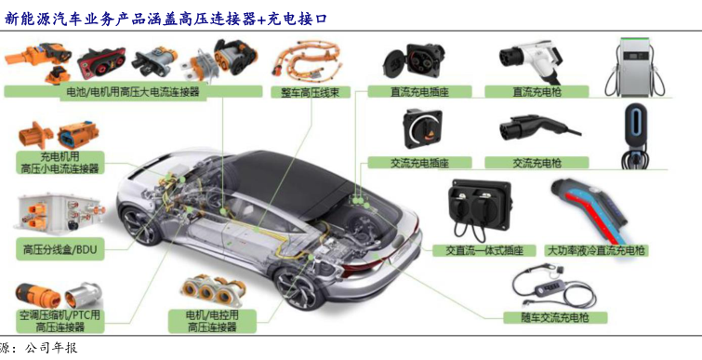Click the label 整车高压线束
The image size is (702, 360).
(x=310, y=92)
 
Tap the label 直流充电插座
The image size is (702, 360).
(x=419, y=92)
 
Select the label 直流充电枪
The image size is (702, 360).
(x=536, y=92)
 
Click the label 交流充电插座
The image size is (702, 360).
(x=419, y=163)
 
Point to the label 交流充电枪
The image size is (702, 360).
(x=536, y=163)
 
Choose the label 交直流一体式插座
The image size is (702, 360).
(x=484, y=250)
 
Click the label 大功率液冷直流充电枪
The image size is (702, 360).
(x=596, y=250)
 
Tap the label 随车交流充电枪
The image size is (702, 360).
(x=555, y=318)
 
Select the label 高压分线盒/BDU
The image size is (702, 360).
(x=60, y=249)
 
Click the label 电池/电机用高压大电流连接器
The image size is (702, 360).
(x=133, y=92)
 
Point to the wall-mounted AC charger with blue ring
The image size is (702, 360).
(x=635, y=135)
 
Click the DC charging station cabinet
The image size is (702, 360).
(x=635, y=67)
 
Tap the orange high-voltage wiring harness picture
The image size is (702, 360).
(x=307, y=60)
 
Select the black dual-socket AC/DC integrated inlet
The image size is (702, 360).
(x=479, y=209)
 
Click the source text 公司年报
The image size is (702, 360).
(x=51, y=348)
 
